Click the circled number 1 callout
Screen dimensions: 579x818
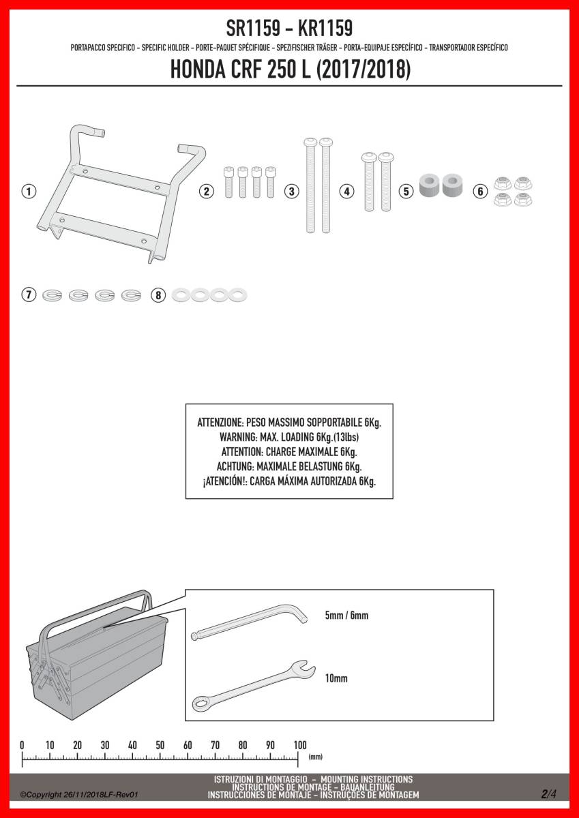(29, 191)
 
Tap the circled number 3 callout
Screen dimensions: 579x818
(291, 191)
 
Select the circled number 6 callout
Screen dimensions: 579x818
(480, 191)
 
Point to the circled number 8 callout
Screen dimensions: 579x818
(158, 294)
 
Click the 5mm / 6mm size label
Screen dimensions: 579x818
(346, 616)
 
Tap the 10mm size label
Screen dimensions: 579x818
(336, 678)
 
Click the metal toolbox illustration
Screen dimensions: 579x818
(97, 657)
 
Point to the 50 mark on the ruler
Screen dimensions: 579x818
(160, 745)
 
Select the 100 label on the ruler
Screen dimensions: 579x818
(300, 745)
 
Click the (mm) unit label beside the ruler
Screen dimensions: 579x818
(316, 757)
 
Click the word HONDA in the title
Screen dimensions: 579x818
(198, 70)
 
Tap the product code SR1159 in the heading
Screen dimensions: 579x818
(253, 28)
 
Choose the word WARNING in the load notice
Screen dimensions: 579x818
(238, 437)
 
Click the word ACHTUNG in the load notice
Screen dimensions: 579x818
(235, 466)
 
